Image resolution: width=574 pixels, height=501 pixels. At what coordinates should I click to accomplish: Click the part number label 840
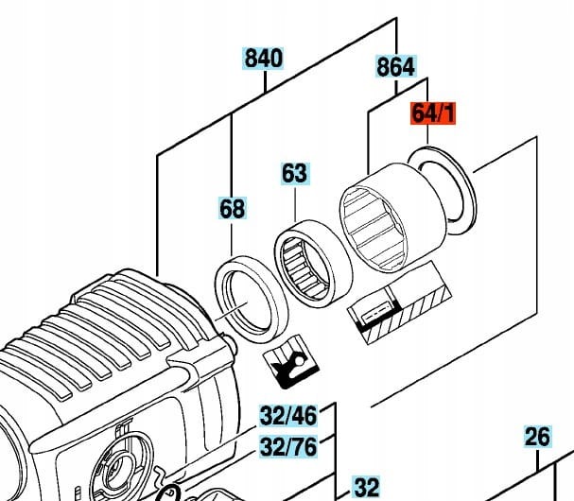(x=264, y=59)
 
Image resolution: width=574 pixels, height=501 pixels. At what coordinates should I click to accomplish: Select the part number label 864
(x=395, y=66)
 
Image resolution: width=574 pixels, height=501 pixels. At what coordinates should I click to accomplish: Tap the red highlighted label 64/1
(x=433, y=114)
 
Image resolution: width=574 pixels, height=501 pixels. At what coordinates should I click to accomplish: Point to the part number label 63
(x=294, y=174)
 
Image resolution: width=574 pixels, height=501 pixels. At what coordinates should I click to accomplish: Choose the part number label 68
(x=232, y=208)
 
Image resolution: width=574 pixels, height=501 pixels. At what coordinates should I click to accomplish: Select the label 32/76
(x=288, y=445)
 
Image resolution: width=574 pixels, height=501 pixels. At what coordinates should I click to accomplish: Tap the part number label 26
(x=537, y=437)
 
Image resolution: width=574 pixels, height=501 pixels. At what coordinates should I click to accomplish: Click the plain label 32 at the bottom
(x=365, y=488)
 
